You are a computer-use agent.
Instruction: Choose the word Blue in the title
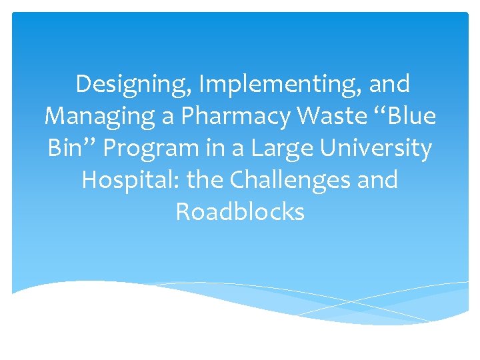pyautogui.click(x=412, y=117)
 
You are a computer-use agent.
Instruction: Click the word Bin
pyautogui.click(x=64, y=148)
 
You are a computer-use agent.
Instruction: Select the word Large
pyautogui.click(x=280, y=148)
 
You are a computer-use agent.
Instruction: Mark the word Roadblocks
pyautogui.click(x=240, y=211)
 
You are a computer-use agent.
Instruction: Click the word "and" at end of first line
pyautogui.click(x=389, y=85)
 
